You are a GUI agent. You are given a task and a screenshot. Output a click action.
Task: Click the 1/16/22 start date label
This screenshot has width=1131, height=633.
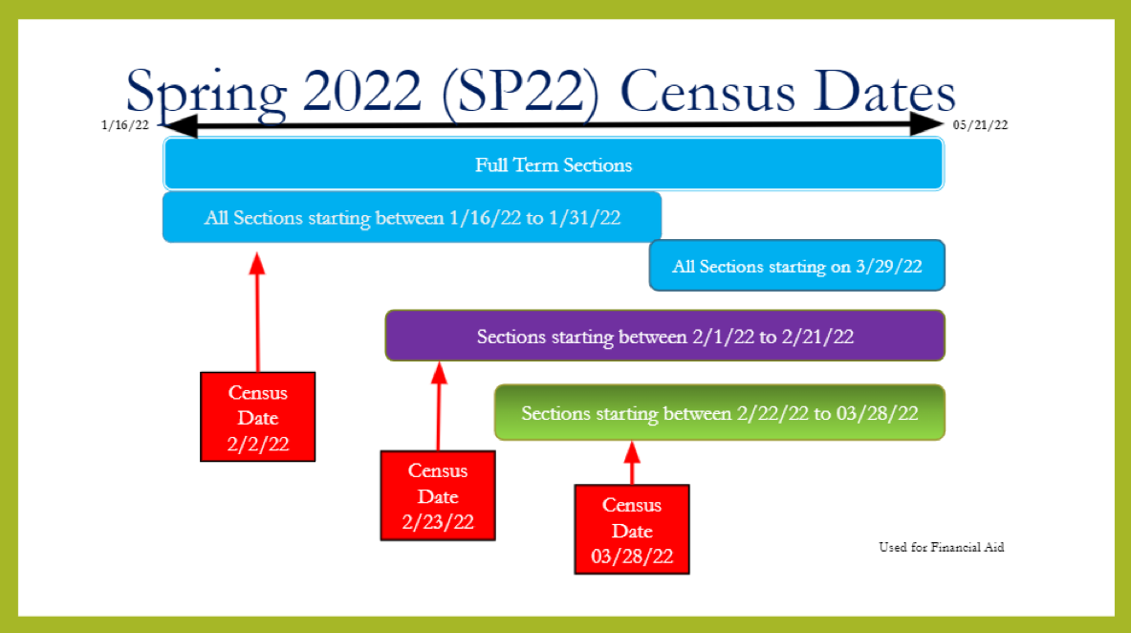(125, 125)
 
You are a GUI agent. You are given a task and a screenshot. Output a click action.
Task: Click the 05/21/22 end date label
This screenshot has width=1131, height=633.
(980, 125)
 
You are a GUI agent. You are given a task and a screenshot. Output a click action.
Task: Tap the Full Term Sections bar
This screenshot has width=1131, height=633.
(554, 164)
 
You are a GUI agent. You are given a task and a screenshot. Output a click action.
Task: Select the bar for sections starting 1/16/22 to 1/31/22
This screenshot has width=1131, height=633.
(412, 217)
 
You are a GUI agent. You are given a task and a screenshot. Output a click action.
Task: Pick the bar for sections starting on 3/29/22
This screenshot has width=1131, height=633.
(797, 266)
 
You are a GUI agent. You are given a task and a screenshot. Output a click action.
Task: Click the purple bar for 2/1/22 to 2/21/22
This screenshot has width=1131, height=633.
(665, 336)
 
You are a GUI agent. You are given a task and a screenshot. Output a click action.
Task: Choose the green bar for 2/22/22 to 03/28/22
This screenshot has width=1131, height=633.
(720, 413)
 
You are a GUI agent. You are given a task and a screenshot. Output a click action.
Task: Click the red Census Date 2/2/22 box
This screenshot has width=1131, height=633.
(257, 417)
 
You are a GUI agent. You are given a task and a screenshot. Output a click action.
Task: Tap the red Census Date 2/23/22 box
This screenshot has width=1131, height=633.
(438, 496)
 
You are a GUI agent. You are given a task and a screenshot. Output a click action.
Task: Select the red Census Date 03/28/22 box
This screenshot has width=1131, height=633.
(632, 530)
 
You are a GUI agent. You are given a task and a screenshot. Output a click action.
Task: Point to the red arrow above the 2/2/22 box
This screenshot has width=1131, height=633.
(257, 313)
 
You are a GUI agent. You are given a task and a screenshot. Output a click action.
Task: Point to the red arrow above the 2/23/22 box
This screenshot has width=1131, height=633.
(439, 406)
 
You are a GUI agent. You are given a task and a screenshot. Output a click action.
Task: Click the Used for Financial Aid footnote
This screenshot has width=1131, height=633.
(942, 547)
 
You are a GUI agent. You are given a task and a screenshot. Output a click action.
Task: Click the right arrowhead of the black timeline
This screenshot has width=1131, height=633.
(926, 124)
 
